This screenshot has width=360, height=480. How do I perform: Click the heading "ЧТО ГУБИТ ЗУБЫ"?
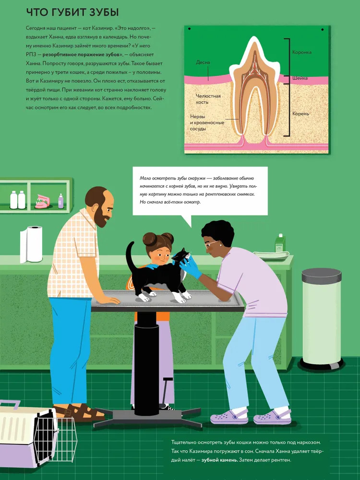[72, 12]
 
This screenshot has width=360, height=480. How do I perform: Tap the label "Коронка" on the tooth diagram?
[302, 52]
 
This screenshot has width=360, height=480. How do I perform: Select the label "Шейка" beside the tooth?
[300, 78]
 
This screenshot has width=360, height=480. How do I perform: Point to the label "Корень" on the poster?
[300, 114]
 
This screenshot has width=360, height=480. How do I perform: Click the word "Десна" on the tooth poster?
[203, 62]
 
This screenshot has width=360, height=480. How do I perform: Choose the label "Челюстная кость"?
[208, 99]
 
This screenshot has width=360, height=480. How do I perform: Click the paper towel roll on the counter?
[31, 244]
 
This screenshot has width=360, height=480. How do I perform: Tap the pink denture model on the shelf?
[42, 202]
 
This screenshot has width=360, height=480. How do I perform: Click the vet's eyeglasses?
[211, 244]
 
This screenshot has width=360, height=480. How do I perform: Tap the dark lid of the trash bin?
[322, 275]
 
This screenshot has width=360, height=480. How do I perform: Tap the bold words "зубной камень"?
[219, 460]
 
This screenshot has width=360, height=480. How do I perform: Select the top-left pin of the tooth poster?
[190, 29]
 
